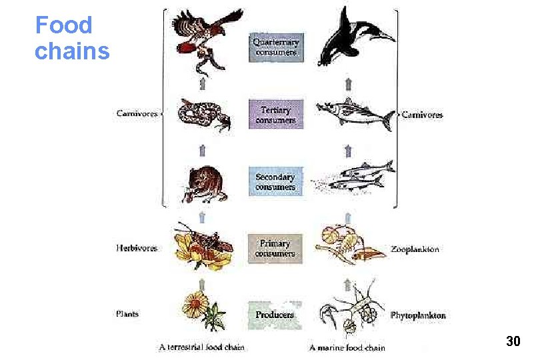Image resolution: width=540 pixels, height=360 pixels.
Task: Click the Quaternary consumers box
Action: [x=277, y=47]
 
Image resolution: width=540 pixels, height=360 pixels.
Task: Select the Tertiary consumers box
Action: [x=276, y=114]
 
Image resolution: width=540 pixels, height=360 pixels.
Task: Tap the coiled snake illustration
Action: [x=203, y=115]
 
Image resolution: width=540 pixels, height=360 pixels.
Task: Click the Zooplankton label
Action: [x=415, y=249]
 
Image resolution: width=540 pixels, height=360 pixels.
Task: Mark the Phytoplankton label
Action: [x=418, y=315]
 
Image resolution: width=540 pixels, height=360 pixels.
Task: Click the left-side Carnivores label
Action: [x=137, y=114]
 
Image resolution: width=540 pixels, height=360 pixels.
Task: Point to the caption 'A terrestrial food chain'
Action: [x=201, y=347]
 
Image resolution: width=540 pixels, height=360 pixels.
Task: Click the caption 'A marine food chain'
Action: [x=347, y=347]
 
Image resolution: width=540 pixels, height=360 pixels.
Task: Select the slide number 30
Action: [x=513, y=342]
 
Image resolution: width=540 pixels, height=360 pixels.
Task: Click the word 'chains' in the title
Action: [x=72, y=51]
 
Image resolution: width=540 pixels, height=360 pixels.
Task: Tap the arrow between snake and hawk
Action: [x=202, y=83]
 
